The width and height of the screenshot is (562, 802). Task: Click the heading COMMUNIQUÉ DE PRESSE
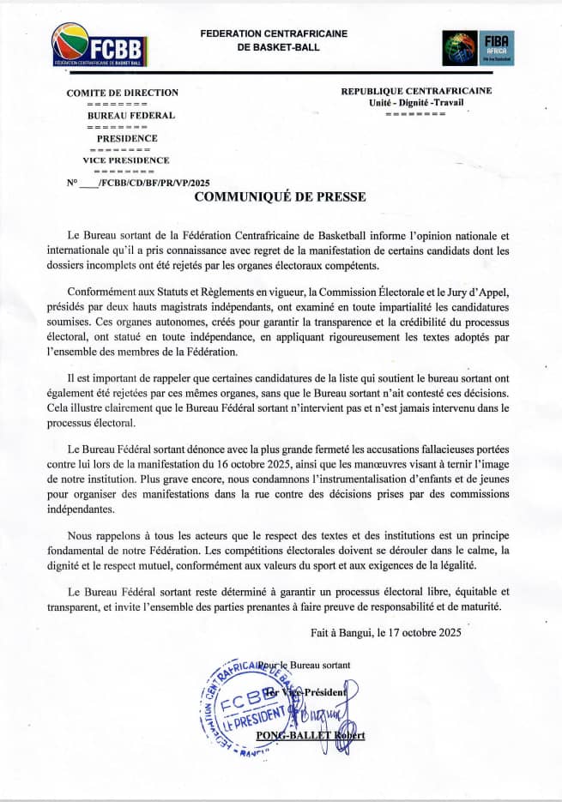pyautogui.click(x=280, y=197)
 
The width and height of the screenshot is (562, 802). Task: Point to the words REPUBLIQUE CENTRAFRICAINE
pyautogui.click(x=416, y=91)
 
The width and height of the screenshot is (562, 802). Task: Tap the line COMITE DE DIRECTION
pyautogui.click(x=123, y=93)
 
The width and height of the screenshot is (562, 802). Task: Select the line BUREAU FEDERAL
pyautogui.click(x=131, y=115)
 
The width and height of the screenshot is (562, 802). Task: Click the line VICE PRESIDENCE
pyautogui.click(x=126, y=160)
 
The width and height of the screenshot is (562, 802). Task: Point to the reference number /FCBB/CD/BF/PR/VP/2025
pyautogui.click(x=154, y=183)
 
